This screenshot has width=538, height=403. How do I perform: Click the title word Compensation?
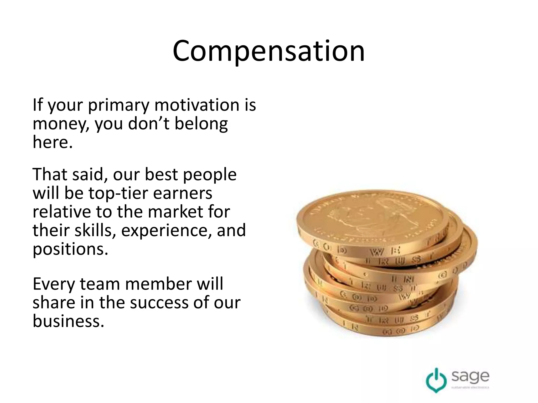[268, 51]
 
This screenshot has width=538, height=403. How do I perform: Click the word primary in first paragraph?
[119, 105]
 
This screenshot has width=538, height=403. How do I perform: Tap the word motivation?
[197, 105]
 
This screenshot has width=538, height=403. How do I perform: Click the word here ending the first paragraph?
[52, 142]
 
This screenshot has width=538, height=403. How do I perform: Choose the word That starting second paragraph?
[50, 174]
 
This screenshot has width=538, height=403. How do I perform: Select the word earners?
[182, 194]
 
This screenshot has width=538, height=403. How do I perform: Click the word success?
[160, 303]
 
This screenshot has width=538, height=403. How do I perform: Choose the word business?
[68, 321]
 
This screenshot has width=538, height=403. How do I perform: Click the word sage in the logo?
[470, 376]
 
